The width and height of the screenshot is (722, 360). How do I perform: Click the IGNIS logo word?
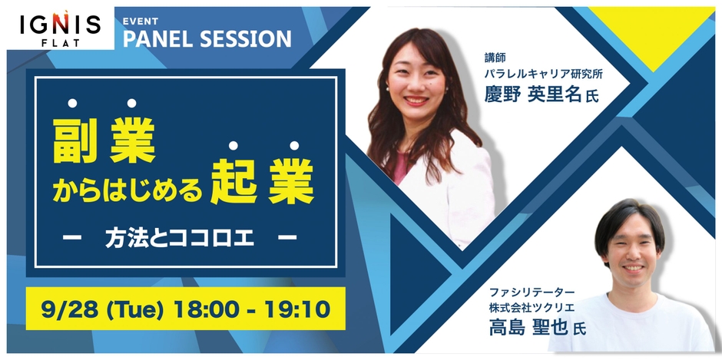tap(60, 24)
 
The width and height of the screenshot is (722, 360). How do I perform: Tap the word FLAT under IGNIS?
tap(60, 43)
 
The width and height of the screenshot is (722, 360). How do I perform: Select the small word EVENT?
tap(141, 21)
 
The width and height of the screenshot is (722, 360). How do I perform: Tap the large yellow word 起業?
tap(262, 181)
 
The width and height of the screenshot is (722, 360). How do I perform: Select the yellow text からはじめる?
tap(128, 187)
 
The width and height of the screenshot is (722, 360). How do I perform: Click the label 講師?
tap(495, 58)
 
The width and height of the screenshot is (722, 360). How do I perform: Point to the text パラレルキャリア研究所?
tap(543, 74)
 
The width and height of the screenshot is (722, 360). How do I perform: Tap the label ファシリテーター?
tap(532, 292)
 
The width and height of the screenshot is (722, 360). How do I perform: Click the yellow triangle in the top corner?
tap(651, 28)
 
